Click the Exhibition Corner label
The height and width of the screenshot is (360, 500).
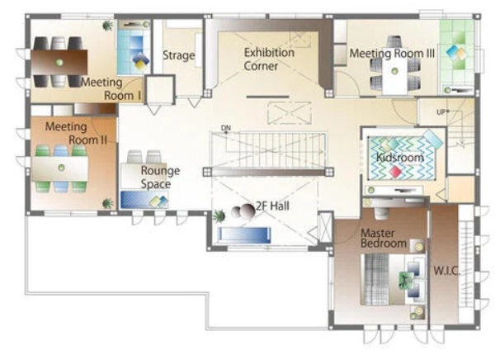coord(269,59)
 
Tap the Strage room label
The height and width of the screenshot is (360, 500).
coord(179,55)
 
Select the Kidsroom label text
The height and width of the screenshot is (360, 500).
coord(400,157)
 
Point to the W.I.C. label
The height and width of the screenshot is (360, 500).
coord(446,271)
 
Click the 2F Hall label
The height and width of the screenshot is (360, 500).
coord(272,206)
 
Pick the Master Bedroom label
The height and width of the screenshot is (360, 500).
coord(384,238)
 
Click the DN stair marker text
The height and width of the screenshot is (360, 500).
coord(226,128)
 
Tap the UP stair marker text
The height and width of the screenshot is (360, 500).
coord(441,112)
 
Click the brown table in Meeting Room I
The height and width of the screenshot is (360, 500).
coord(59,62)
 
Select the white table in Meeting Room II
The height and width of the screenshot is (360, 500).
coord(59,168)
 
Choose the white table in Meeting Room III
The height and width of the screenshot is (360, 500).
coord(394,75)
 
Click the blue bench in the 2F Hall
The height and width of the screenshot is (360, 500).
coord(244,234)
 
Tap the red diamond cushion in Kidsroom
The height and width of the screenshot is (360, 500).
coord(396,172)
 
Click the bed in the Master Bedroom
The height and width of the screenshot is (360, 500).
coord(392,279)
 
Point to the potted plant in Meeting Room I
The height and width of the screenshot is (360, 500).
coord(108,26)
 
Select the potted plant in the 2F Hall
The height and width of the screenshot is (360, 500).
coord(219,216)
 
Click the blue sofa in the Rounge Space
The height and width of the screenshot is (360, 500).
coord(144,200)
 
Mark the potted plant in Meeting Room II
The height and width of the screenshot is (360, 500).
coord(107,203)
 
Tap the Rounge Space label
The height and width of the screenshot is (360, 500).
coord(160,178)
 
